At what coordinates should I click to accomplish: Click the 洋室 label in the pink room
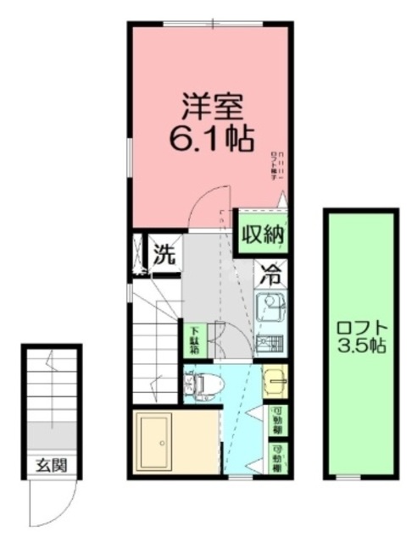click(x=212, y=108)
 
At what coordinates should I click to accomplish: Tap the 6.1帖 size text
click(x=212, y=140)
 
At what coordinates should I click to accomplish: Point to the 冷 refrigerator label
click(x=270, y=274)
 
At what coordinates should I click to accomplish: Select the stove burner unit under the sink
click(x=271, y=344)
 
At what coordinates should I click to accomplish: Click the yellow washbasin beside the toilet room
click(x=274, y=382)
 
